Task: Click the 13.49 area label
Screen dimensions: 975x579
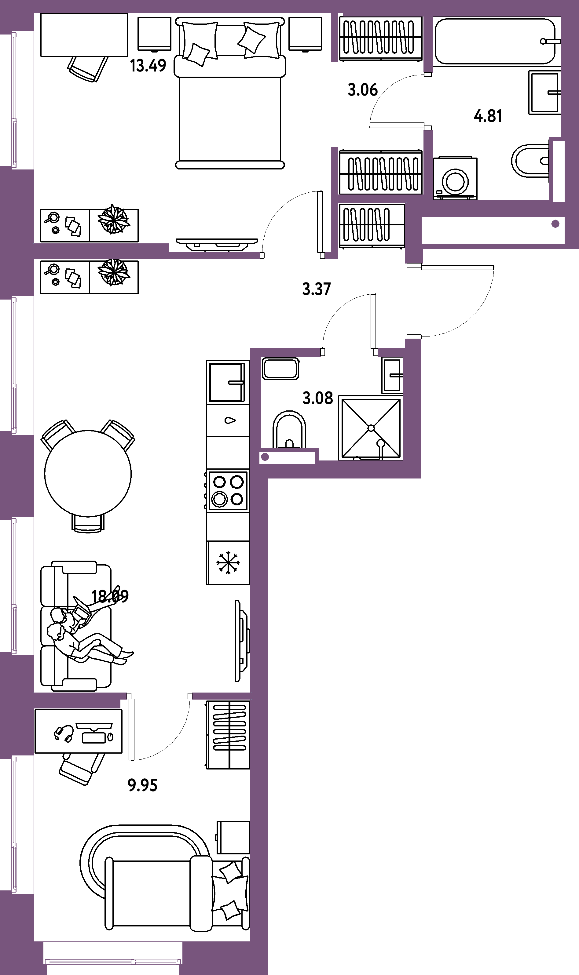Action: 148,65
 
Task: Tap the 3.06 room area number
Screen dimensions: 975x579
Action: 362,90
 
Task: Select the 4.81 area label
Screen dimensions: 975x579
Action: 488,116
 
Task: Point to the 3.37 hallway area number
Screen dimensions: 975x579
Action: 317,289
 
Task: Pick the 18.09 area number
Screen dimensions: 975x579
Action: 110,596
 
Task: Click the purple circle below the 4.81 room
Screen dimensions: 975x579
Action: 555,224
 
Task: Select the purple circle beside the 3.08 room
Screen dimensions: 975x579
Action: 265,457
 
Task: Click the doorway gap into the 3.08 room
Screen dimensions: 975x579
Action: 349,352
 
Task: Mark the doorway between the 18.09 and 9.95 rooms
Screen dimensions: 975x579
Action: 159,696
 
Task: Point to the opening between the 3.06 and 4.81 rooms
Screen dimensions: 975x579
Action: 428,101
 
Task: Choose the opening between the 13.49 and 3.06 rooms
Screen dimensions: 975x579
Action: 334,104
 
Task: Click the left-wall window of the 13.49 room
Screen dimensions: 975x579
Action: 14,100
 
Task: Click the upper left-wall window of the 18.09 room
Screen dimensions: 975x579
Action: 14,365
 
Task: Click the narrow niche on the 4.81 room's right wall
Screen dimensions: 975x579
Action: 558,171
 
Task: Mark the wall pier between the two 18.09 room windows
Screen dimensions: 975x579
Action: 17,476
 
